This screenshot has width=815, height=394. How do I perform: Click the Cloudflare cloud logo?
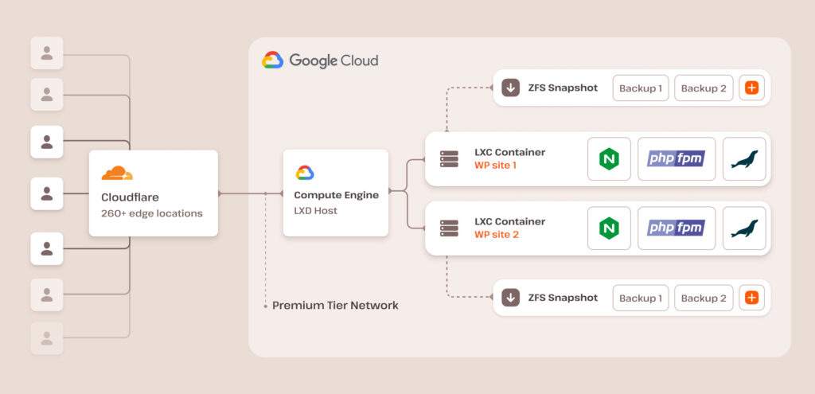tap(117, 173)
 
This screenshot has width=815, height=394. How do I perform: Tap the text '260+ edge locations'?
tap(151, 213)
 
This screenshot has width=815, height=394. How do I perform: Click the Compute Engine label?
tap(335, 195)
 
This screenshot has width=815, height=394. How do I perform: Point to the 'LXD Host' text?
tap(316, 210)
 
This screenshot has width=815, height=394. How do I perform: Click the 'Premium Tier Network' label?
tap(335, 306)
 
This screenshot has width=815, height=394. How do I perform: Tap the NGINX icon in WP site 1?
tap(609, 158)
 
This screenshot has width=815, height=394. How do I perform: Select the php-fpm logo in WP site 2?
tap(676, 228)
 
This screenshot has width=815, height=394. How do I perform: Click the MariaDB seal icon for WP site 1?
tap(744, 158)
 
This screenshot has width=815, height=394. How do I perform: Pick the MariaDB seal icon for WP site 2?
tap(744, 228)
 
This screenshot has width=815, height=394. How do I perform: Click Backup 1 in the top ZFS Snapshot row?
tap(640, 88)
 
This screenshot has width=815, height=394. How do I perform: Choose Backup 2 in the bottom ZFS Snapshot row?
tap(704, 298)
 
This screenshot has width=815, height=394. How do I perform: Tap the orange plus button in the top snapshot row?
tap(751, 88)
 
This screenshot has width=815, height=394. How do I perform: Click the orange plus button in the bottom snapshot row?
tap(751, 298)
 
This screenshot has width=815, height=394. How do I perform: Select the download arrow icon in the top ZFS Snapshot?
tap(510, 88)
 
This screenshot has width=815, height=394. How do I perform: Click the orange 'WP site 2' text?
tap(496, 235)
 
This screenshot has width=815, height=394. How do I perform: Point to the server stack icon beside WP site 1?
tap(449, 158)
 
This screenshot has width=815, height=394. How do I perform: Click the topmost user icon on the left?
tap(47, 53)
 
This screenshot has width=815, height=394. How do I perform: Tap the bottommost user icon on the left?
tap(47, 337)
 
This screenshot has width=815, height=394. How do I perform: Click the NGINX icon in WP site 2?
tap(609, 228)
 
